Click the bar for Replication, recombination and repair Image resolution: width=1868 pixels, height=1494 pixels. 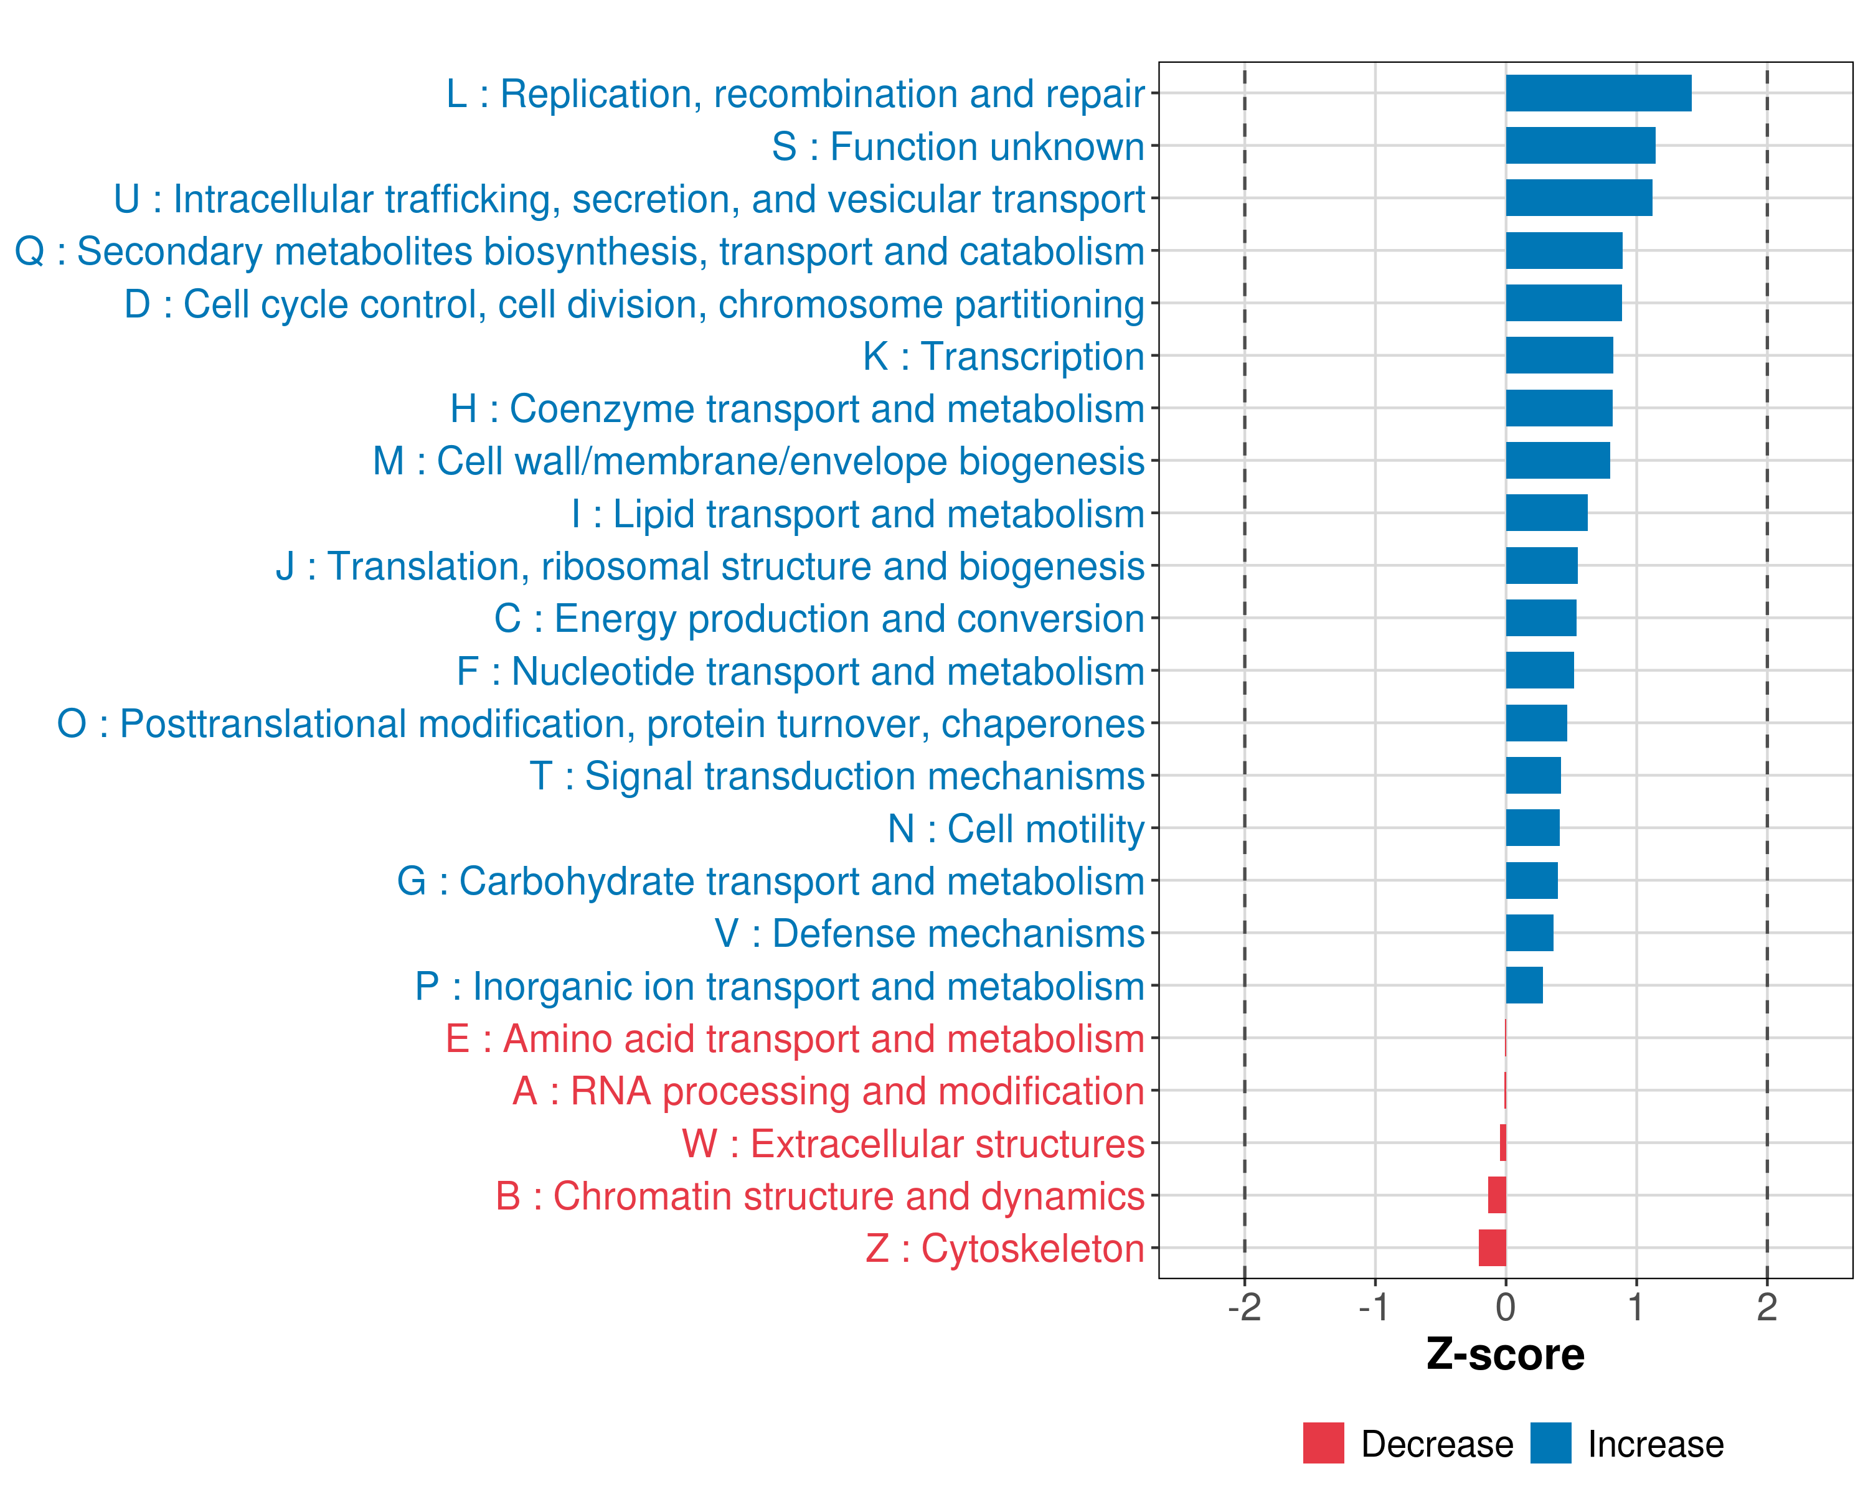1598,93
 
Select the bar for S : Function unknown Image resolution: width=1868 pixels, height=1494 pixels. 1580,146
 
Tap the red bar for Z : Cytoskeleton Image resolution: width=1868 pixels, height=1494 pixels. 1492,1248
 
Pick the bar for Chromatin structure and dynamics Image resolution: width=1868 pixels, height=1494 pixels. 1496,1195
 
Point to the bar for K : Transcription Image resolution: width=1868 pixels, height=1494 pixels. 1560,355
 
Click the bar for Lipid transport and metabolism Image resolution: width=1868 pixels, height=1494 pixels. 1547,513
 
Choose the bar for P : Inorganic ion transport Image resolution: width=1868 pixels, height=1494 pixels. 1524,985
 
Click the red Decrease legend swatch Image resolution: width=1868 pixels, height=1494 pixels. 1323,1443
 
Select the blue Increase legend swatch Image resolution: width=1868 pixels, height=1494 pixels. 1550,1443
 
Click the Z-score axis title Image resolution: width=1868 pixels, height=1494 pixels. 1505,1354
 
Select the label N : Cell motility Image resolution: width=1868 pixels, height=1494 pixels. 1016,829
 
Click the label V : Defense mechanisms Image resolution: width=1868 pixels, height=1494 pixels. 929,934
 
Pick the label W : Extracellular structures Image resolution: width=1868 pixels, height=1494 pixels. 913,1144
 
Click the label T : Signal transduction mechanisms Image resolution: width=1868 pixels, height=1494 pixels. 837,776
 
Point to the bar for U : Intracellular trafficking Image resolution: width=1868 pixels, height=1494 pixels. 1578,199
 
